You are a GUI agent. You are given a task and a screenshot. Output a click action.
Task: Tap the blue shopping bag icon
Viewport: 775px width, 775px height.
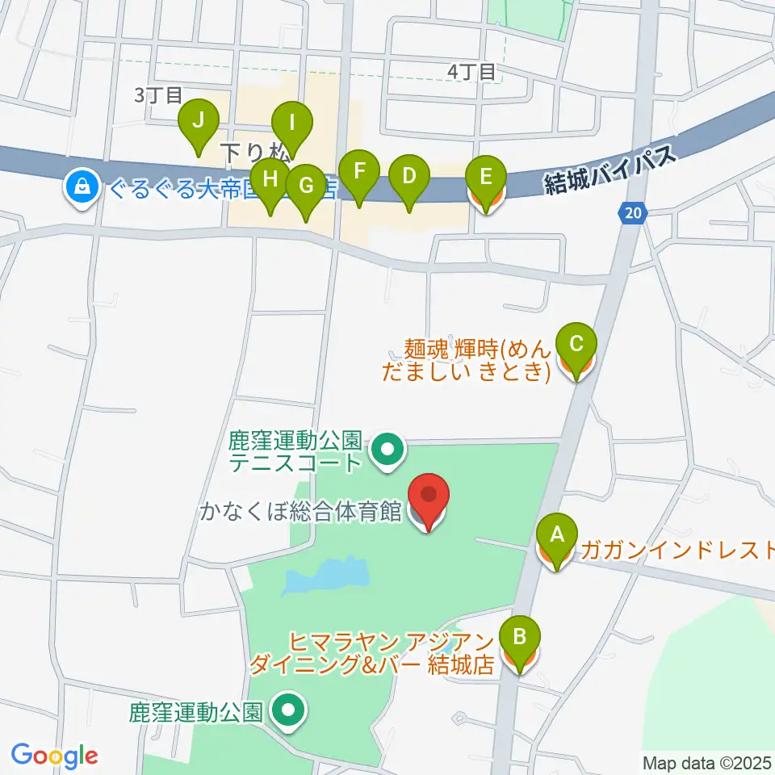[82, 188]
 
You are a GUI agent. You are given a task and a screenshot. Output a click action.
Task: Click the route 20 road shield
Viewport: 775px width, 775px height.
[634, 213]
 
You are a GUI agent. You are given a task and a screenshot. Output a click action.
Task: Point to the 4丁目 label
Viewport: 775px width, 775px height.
[472, 72]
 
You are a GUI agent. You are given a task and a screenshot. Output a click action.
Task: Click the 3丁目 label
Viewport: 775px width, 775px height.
[158, 95]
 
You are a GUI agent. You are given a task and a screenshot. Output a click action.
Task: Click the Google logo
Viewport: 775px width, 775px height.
[54, 755]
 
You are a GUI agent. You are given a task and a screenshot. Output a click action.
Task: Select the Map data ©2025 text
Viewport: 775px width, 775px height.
[707, 763]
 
